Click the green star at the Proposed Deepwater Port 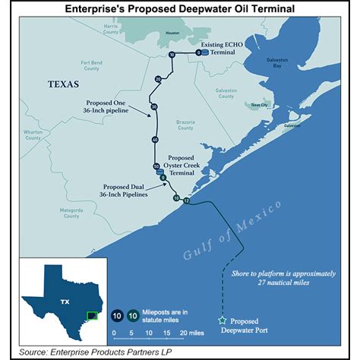pyautogui.click(x=223, y=321)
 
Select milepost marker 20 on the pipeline pyautogui.click(x=158, y=79)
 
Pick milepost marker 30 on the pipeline pyautogui.click(x=153, y=106)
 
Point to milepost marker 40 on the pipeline pyautogui.click(x=155, y=140)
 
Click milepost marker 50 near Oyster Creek pyautogui.click(x=156, y=166)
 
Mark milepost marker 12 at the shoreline pyautogui.click(x=185, y=201)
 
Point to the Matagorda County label pyautogui.click(x=71, y=213)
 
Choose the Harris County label pyautogui.click(x=111, y=28)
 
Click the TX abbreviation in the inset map pyautogui.click(x=58, y=301)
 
